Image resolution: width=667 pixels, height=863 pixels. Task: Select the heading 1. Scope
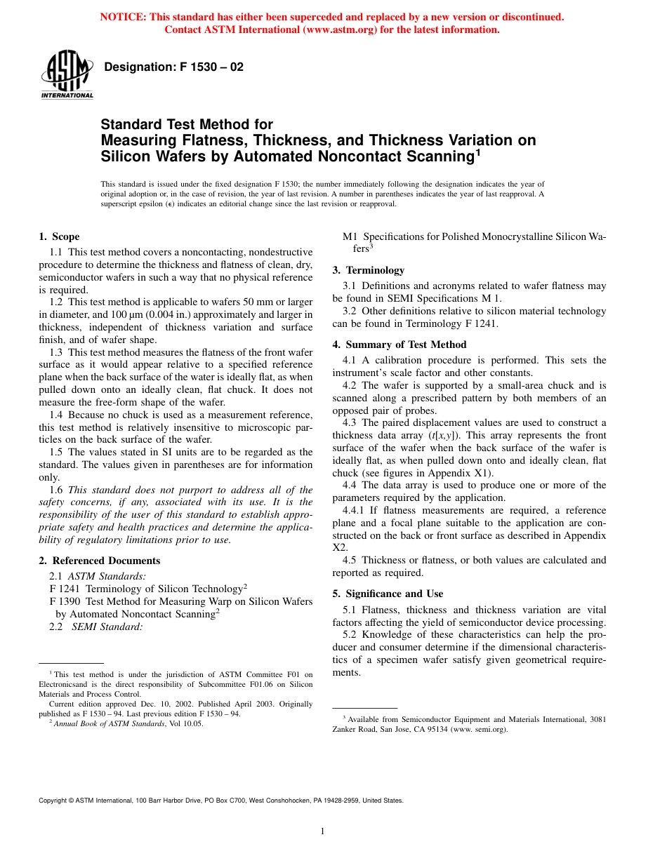59,236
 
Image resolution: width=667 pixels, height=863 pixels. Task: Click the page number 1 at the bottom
322,832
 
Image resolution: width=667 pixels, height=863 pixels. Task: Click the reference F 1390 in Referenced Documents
65,601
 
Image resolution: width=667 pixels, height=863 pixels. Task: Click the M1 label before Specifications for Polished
350,236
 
